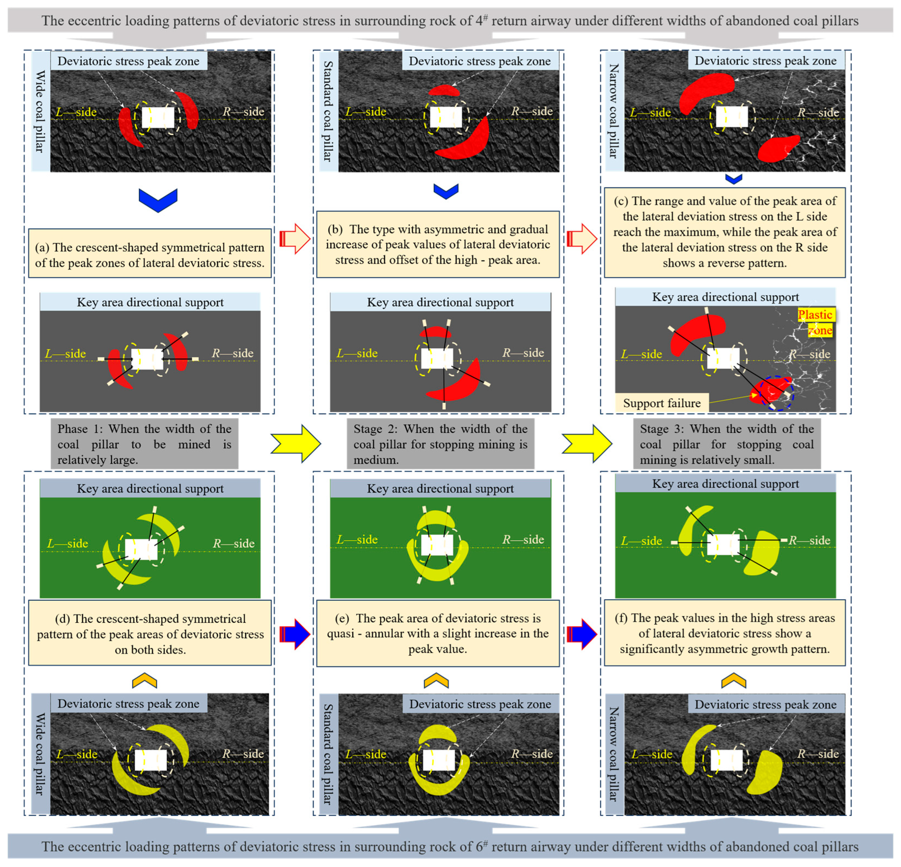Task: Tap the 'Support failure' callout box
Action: click(662, 403)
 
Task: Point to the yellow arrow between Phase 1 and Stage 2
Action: click(296, 443)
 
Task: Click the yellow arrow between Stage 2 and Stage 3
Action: click(587, 443)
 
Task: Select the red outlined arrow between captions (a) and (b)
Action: click(295, 239)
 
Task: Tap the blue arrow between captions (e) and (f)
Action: click(582, 634)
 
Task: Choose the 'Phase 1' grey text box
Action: click(144, 444)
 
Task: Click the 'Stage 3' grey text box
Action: click(727, 444)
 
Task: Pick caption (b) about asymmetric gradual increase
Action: click(438, 244)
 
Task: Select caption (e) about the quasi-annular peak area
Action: click(438, 633)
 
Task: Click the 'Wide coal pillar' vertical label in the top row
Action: click(40, 111)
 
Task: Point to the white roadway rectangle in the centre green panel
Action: click(437, 545)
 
